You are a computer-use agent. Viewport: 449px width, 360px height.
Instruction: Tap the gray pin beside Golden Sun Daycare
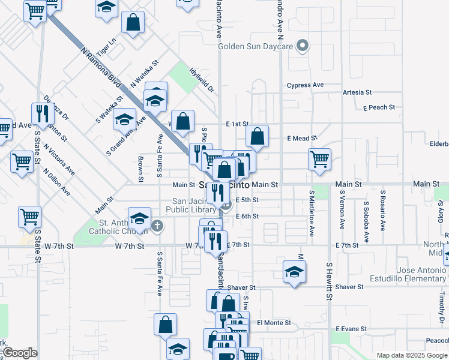pos(303,46)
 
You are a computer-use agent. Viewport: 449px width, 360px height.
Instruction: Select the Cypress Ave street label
pos(305,85)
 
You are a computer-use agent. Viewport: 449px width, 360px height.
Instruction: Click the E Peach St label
pos(379,107)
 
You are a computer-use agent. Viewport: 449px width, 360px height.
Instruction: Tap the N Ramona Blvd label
pos(99,65)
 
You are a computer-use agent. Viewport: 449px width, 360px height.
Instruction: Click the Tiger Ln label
pos(105,47)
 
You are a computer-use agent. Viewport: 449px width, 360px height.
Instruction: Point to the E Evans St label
pos(351,329)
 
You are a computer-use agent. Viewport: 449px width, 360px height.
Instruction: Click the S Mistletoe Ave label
pos(312,214)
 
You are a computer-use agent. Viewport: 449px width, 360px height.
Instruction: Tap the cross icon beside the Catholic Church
pos(157,226)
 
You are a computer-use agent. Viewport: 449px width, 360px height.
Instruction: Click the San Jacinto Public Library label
pos(194,205)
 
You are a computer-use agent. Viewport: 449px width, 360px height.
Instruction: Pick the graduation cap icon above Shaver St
pos(294,271)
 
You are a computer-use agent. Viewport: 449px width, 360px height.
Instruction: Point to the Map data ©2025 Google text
pos(411,355)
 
